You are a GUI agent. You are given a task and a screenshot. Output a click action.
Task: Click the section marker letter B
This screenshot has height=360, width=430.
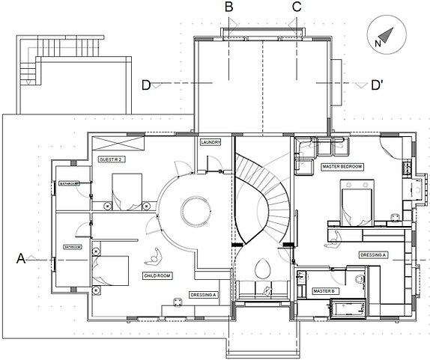[x=229, y=7]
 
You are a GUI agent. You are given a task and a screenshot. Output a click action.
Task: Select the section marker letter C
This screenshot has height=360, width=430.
[x=297, y=7]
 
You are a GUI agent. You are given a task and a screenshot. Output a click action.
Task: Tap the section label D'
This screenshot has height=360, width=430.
[x=378, y=85]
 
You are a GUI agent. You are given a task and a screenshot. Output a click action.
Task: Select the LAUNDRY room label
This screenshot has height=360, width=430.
[x=209, y=142]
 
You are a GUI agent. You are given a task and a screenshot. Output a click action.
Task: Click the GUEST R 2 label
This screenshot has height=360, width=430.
[x=111, y=160]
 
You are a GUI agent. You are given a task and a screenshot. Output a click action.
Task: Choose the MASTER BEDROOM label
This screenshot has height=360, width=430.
[x=342, y=166]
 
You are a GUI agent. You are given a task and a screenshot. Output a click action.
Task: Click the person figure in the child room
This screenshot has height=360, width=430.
[x=154, y=257]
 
